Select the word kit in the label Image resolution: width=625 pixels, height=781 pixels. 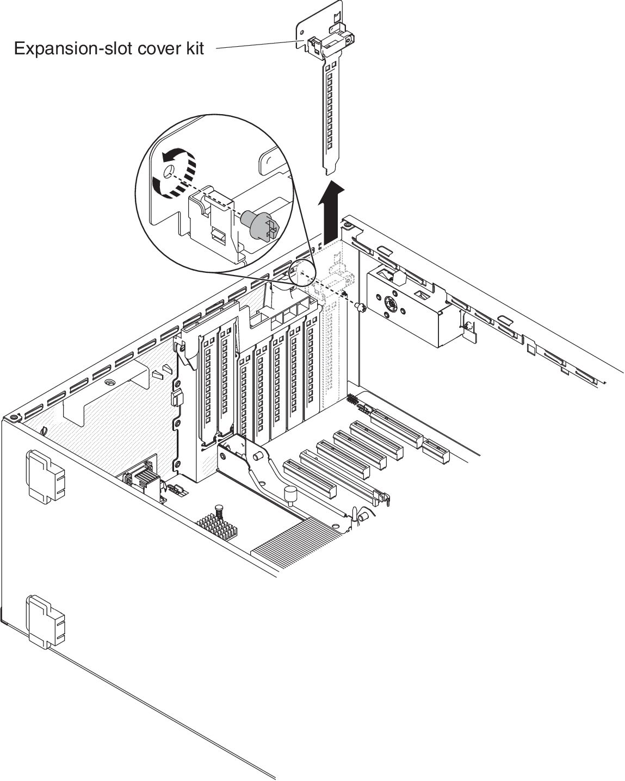pyautogui.click(x=193, y=49)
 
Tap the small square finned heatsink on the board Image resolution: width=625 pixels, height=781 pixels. pyautogui.click(x=217, y=524)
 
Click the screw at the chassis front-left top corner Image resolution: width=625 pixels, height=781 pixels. pyautogui.click(x=13, y=418)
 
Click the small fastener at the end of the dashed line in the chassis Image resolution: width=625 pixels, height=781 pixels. pyautogui.click(x=360, y=308)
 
